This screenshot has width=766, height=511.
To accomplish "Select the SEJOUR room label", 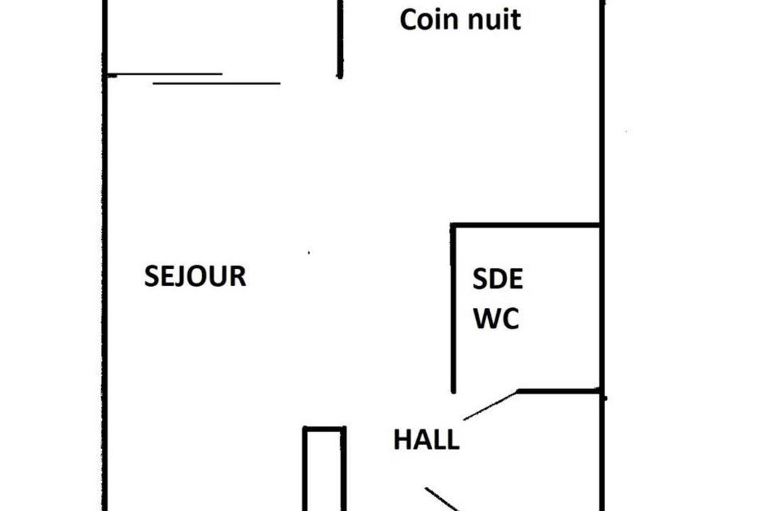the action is point(196,276).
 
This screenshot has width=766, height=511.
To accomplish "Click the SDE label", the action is point(498,279).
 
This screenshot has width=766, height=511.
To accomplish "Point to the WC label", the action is point(496,319).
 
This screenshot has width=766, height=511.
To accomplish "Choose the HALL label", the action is point(426,439).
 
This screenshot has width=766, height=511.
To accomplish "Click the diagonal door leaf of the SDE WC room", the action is point(491,405).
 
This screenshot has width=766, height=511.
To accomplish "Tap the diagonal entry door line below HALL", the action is point(443,499).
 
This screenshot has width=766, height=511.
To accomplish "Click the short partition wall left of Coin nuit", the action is point(340,39).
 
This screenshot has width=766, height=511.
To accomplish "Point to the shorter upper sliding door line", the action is point(165,75).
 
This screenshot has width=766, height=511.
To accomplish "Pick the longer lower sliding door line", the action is point(216,84).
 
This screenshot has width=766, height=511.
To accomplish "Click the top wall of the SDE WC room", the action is point(525,225).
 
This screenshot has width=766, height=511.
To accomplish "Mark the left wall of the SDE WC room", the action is point(453,308).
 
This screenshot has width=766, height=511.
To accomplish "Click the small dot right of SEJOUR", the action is point(309,253).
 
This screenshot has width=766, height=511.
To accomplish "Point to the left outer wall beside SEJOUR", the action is point(104,255).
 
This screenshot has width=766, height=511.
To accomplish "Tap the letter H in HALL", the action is point(402,439).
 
